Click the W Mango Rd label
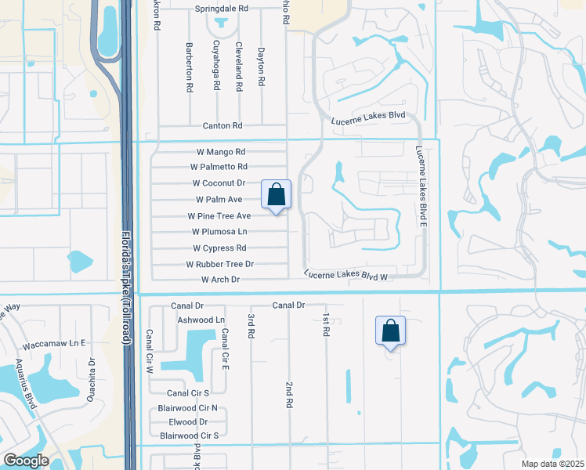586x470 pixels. point(222,152)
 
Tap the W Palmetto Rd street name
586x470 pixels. point(219,167)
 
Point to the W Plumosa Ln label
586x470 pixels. point(219,232)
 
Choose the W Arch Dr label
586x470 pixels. point(220,280)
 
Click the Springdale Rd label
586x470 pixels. point(222,9)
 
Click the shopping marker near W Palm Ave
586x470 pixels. point(276,195)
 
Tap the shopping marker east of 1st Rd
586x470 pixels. point(390,331)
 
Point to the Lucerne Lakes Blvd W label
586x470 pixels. point(346,274)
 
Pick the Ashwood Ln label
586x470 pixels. point(201,320)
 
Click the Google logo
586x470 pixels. point(26,461)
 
